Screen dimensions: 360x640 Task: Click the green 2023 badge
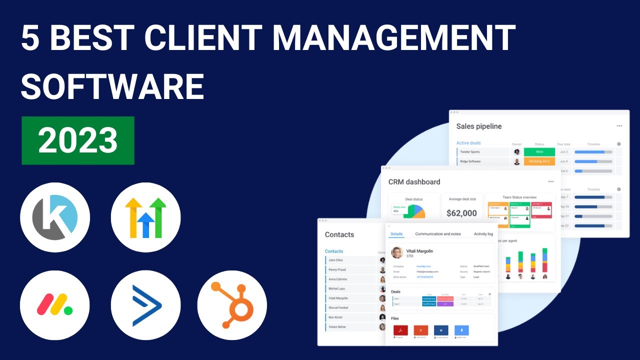pyautogui.click(x=78, y=140)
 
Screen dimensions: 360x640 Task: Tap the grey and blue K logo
pyautogui.click(x=55, y=217)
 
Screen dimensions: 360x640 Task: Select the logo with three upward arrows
pyautogui.click(x=145, y=217)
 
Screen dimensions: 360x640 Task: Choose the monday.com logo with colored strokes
pyautogui.click(x=55, y=305)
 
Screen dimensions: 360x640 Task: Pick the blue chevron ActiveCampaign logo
pyautogui.click(x=145, y=305)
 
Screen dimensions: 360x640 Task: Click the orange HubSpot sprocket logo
pyautogui.click(x=232, y=305)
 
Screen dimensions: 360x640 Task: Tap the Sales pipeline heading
pyautogui.click(x=478, y=126)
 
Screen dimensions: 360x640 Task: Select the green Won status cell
pyautogui.click(x=539, y=152)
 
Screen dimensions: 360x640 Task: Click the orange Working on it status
pyautogui.click(x=539, y=161)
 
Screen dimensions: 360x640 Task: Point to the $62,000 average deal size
pyautogui.click(x=461, y=213)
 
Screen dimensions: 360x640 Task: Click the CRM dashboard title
pyautogui.click(x=414, y=182)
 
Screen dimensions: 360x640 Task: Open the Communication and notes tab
pyautogui.click(x=438, y=234)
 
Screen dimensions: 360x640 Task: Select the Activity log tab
pyautogui.click(x=483, y=234)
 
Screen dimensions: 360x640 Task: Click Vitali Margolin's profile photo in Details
pyautogui.click(x=397, y=252)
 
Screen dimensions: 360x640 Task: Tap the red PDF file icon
pyautogui.click(x=400, y=330)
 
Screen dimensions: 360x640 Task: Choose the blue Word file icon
pyautogui.click(x=441, y=330)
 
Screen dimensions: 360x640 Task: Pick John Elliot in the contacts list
pyautogui.click(x=335, y=260)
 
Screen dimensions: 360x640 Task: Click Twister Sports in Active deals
pyautogui.click(x=469, y=152)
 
